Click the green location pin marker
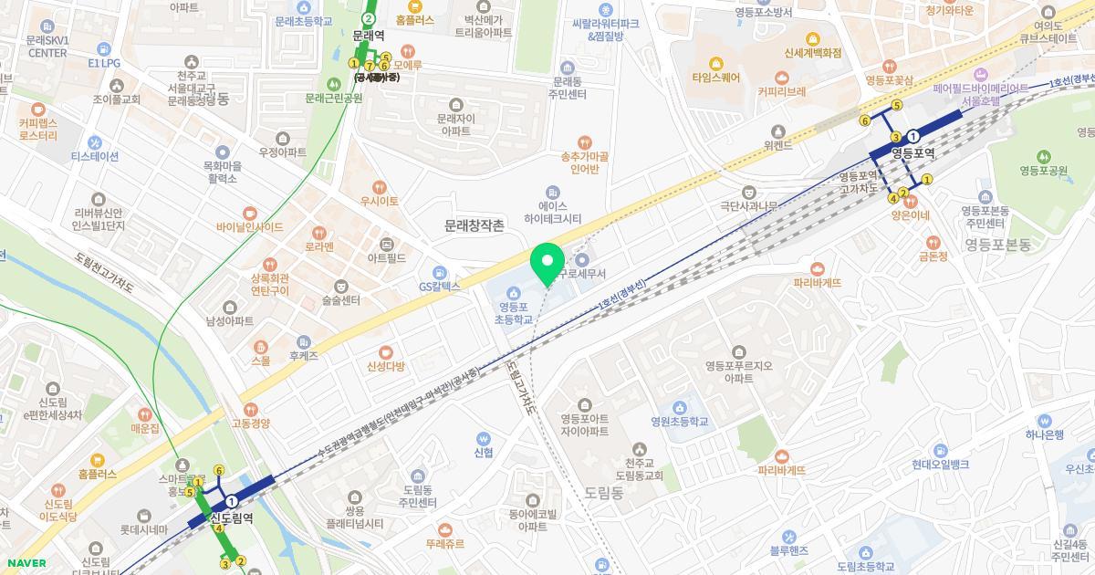(x=547, y=263)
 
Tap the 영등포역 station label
(x=912, y=152)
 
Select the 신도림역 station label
(x=232, y=517)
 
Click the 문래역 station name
(x=368, y=35)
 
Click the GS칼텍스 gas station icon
(x=440, y=272)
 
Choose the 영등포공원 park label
(x=1043, y=170)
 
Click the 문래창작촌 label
(x=474, y=225)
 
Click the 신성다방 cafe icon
(x=385, y=351)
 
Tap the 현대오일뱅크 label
(x=940, y=464)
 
